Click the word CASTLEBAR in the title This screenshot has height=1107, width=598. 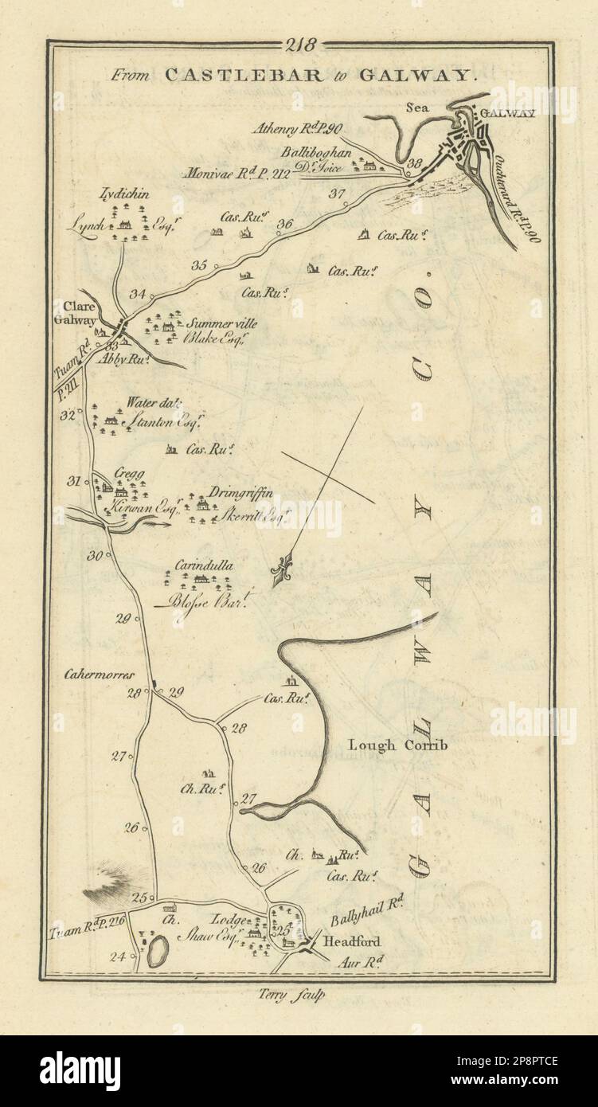[x=231, y=76]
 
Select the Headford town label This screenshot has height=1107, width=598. [x=346, y=941]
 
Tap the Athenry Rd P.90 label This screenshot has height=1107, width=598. [x=298, y=127]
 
